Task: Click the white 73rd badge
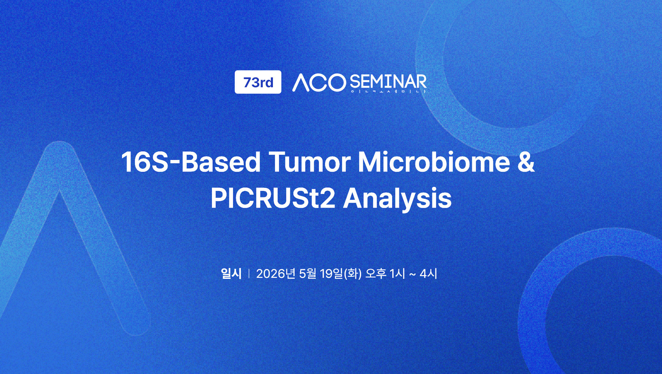coord(258,82)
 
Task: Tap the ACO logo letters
coord(319,83)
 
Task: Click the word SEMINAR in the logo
coord(388,81)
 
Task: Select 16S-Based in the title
coord(191,162)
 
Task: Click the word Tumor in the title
coord(310,162)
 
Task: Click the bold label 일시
coord(231,273)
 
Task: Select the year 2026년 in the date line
coord(276,273)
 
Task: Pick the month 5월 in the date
coord(308,273)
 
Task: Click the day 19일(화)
coord(341,273)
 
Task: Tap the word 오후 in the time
coord(376,273)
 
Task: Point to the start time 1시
coord(397,273)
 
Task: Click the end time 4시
coord(428,273)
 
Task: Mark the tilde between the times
coord(412,274)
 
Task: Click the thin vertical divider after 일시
coord(249,273)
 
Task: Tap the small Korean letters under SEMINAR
coord(388,91)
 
